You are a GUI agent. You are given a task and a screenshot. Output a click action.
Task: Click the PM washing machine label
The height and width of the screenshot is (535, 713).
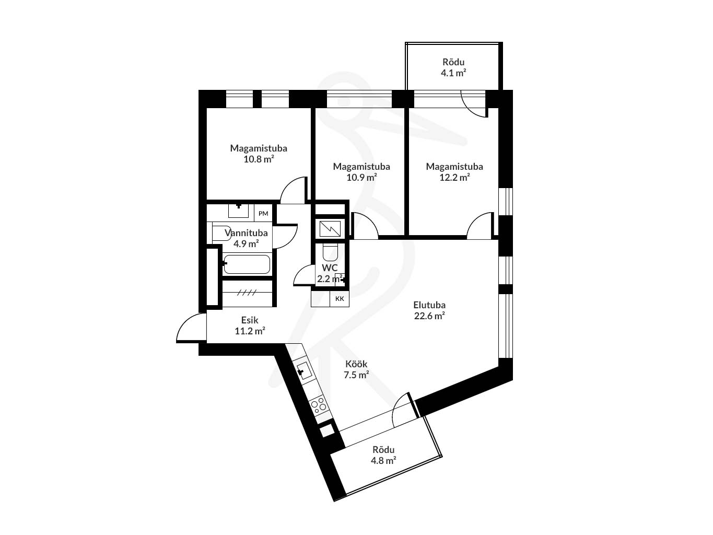(x=263, y=213)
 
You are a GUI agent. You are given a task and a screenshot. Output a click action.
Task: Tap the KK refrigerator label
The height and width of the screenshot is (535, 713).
(x=340, y=298)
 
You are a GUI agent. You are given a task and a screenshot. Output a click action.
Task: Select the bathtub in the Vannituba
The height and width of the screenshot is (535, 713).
(x=247, y=264)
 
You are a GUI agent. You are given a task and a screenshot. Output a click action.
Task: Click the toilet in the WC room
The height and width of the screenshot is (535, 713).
(x=330, y=252)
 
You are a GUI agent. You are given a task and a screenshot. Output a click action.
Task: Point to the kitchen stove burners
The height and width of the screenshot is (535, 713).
(x=319, y=405)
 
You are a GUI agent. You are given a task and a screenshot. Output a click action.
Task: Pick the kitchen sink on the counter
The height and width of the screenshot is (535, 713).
(x=304, y=371)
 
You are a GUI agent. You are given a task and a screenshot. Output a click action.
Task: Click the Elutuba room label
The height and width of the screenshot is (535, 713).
(x=429, y=305)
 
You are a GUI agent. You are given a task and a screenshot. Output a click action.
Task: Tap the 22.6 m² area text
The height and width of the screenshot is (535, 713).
(x=429, y=316)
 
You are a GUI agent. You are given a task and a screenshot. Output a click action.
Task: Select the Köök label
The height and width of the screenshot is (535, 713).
(x=356, y=364)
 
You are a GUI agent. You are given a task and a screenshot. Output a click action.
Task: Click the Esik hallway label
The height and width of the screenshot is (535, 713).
(x=250, y=320)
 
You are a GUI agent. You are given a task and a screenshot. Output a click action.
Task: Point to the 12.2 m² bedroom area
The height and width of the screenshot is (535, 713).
(x=454, y=177)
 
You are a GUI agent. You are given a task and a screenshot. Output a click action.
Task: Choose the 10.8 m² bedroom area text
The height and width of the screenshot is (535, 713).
(x=259, y=159)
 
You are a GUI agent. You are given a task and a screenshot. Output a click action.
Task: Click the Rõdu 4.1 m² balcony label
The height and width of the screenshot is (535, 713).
(x=453, y=67)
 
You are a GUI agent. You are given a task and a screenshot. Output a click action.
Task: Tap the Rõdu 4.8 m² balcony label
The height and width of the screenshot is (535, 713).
(x=383, y=455)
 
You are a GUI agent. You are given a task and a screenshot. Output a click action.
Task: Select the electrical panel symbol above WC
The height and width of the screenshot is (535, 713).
(x=330, y=229)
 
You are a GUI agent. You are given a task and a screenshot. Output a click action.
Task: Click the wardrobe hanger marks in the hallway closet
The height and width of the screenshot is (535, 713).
(x=247, y=293)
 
